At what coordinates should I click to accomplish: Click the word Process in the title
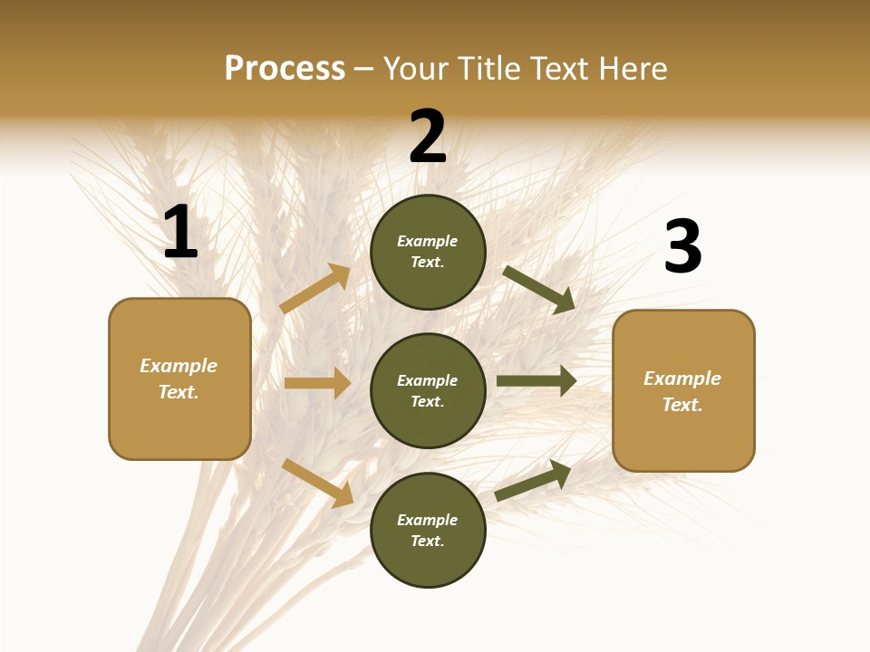[285, 69]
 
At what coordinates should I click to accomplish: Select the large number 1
[180, 233]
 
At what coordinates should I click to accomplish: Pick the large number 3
[682, 247]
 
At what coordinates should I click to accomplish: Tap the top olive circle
[428, 252]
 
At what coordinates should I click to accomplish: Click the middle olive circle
[428, 390]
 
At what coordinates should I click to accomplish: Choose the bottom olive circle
[428, 530]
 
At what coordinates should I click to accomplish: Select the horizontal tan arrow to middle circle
[317, 383]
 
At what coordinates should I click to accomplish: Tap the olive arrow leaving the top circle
[539, 289]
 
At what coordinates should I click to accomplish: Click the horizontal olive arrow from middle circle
[536, 381]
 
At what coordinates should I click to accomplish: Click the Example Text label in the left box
[179, 379]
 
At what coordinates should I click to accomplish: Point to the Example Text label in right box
[682, 391]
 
